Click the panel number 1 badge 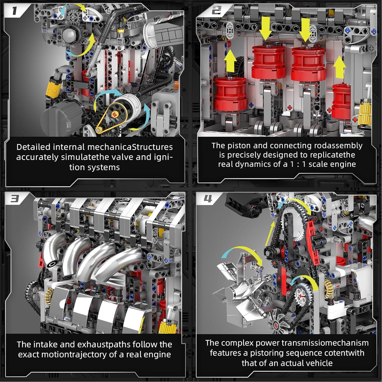[15, 11]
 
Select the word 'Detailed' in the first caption [33, 147]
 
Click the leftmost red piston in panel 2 [230, 94]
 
